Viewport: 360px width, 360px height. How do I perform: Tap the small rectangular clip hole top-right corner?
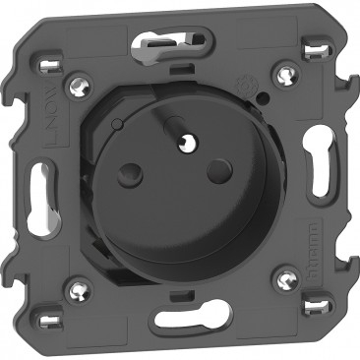tap(316, 46)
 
